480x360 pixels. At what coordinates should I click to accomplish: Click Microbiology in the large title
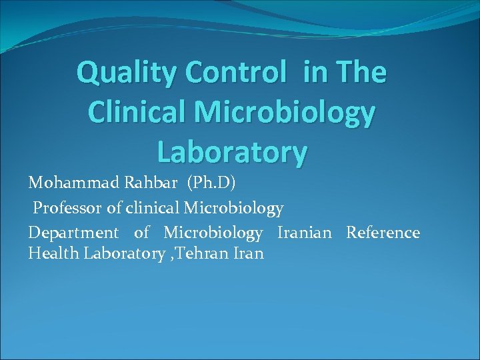coord(293,113)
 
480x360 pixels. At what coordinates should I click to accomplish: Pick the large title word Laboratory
coord(232,152)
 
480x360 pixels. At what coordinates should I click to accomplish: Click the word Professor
coord(68,208)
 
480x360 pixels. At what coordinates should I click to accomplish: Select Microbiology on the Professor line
coord(233,208)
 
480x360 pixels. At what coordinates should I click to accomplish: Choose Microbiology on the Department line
coord(213,233)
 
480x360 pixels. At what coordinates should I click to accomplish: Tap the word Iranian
coord(305,233)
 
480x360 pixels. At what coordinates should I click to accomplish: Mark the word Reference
coord(383,233)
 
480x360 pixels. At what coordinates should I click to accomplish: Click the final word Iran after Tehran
coord(248,253)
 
